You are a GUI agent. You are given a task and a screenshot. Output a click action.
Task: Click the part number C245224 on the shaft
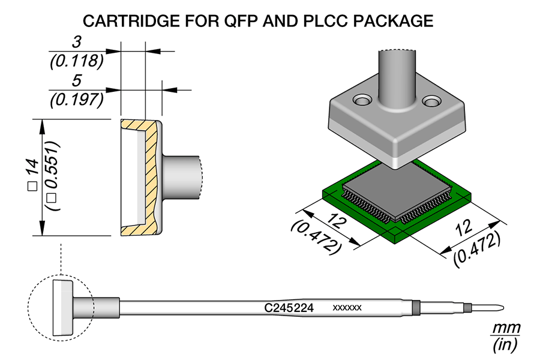pos(290,307)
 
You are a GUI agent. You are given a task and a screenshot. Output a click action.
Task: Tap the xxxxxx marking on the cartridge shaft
pos(347,307)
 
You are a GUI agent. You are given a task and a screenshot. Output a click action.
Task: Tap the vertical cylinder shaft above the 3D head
pos(397,78)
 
